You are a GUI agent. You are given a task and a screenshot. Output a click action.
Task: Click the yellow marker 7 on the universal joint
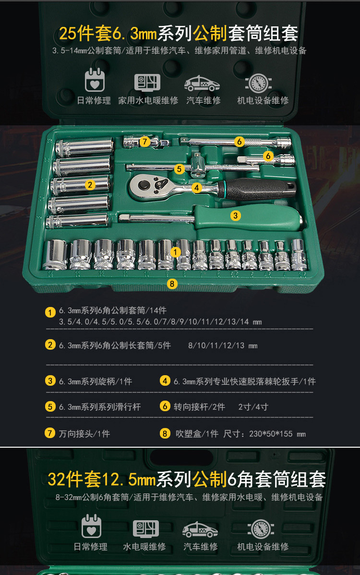(x=145, y=142)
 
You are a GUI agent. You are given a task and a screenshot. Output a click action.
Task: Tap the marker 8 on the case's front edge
(x=172, y=283)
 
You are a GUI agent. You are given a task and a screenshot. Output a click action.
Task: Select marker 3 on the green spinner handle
(x=235, y=216)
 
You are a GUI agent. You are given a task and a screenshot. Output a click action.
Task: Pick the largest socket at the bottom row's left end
(x=55, y=255)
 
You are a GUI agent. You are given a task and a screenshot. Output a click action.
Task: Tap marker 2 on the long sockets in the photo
(x=90, y=184)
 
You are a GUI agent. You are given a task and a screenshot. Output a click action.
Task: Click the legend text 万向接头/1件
(x=84, y=434)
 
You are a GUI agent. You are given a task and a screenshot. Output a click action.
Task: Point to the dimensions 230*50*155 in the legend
(x=272, y=434)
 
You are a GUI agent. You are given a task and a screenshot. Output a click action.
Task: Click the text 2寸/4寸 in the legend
(x=253, y=407)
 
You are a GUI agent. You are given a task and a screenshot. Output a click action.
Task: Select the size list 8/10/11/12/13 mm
(x=223, y=345)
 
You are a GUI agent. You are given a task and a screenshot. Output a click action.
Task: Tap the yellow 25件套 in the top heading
(x=85, y=33)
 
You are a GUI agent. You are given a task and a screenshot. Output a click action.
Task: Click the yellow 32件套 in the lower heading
(x=74, y=479)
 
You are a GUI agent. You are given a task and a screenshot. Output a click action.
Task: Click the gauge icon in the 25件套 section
(x=258, y=83)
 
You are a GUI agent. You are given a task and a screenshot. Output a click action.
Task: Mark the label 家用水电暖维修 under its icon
(x=148, y=100)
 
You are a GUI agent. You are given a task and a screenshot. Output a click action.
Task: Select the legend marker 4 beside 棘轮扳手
(x=165, y=381)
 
